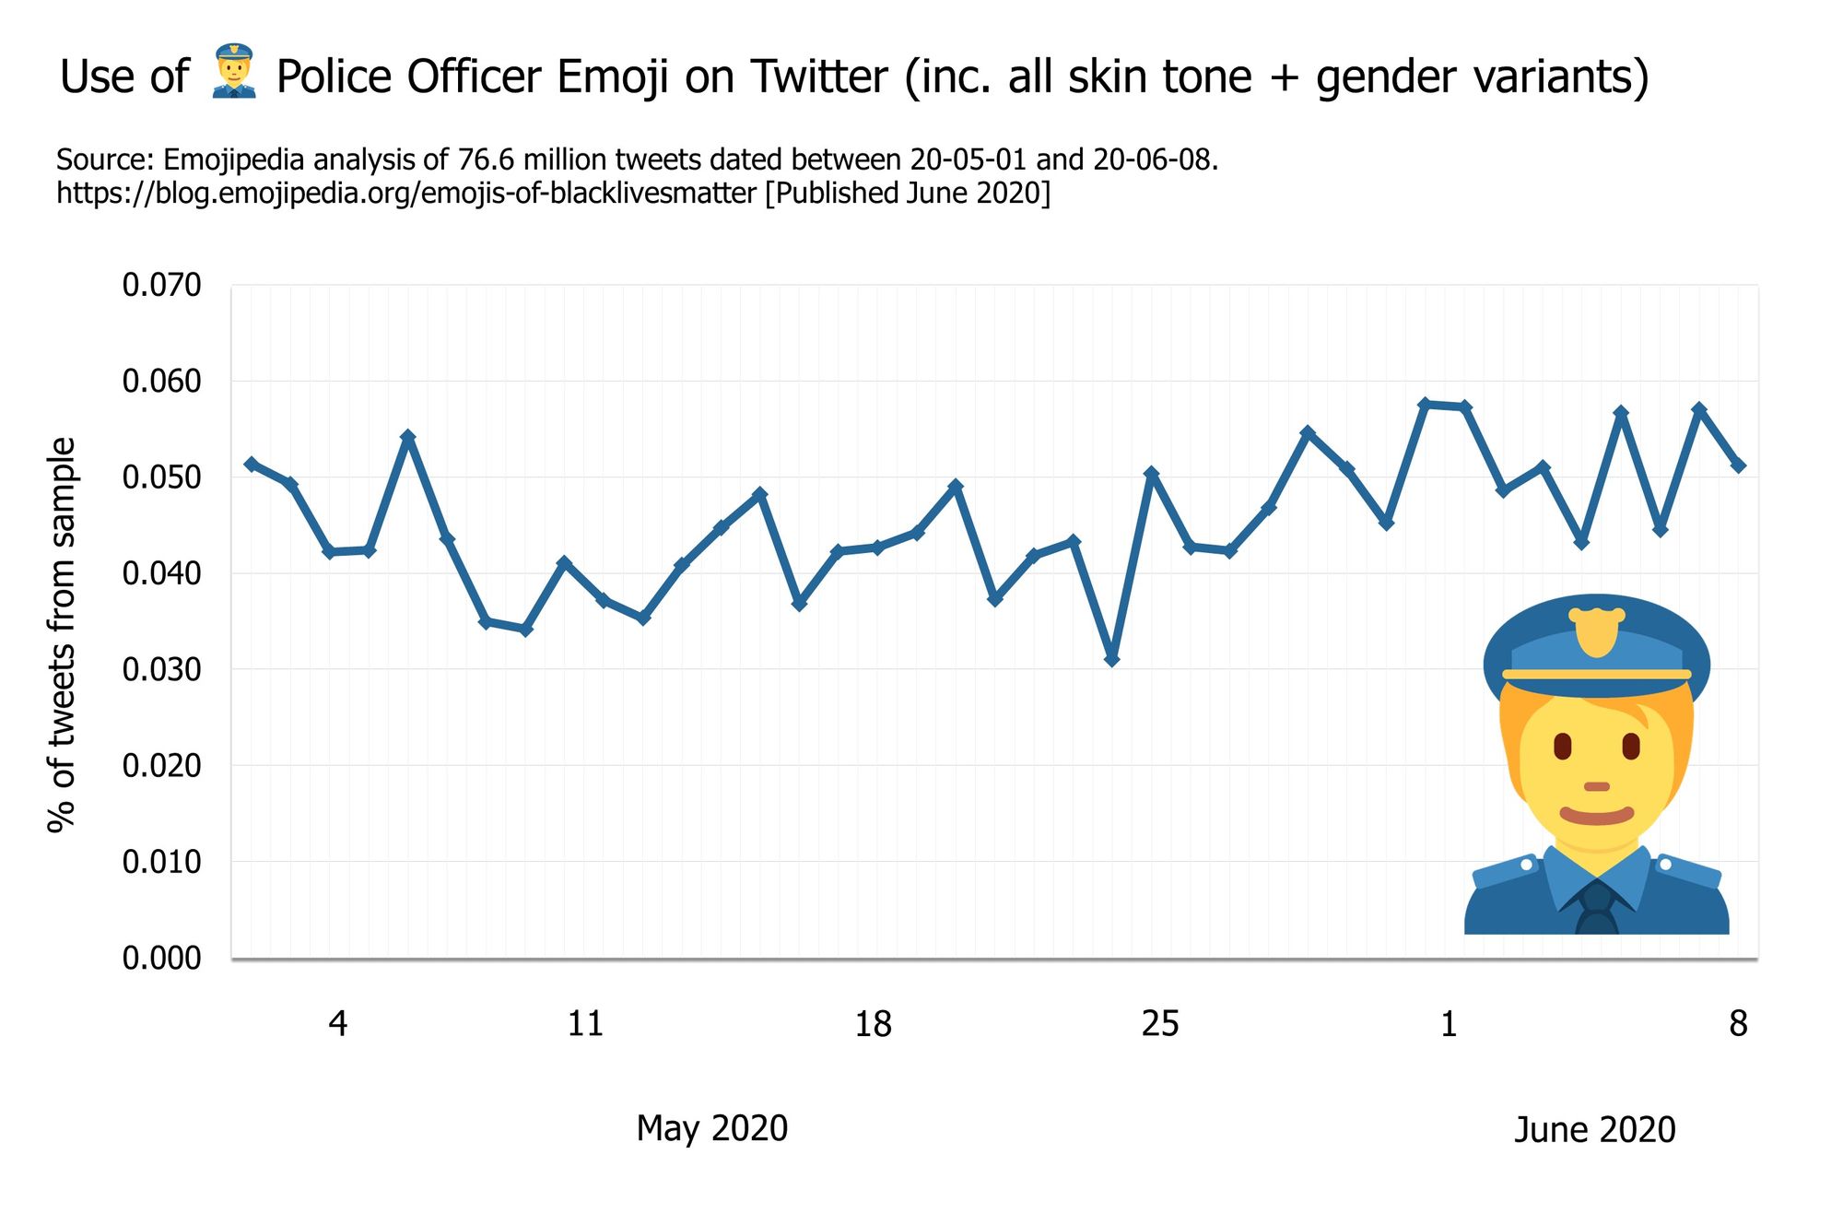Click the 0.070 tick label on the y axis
coord(161,285)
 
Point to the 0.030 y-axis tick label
coord(161,669)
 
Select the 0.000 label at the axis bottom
coord(161,958)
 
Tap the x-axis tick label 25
coord(1160,1023)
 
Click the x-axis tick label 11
coord(585,1023)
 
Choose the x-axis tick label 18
coord(873,1023)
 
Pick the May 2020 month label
coord(711,1128)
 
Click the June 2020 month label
coord(1594,1129)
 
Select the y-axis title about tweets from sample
coord(62,634)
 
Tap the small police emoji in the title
coord(233,72)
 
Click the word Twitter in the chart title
coord(818,77)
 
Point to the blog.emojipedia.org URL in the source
coord(406,194)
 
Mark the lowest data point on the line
coord(1112,660)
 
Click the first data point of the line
coord(251,463)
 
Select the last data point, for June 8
coord(1739,465)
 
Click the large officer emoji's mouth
coord(1597,815)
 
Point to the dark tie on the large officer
coord(1596,908)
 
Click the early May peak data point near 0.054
coord(408,436)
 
